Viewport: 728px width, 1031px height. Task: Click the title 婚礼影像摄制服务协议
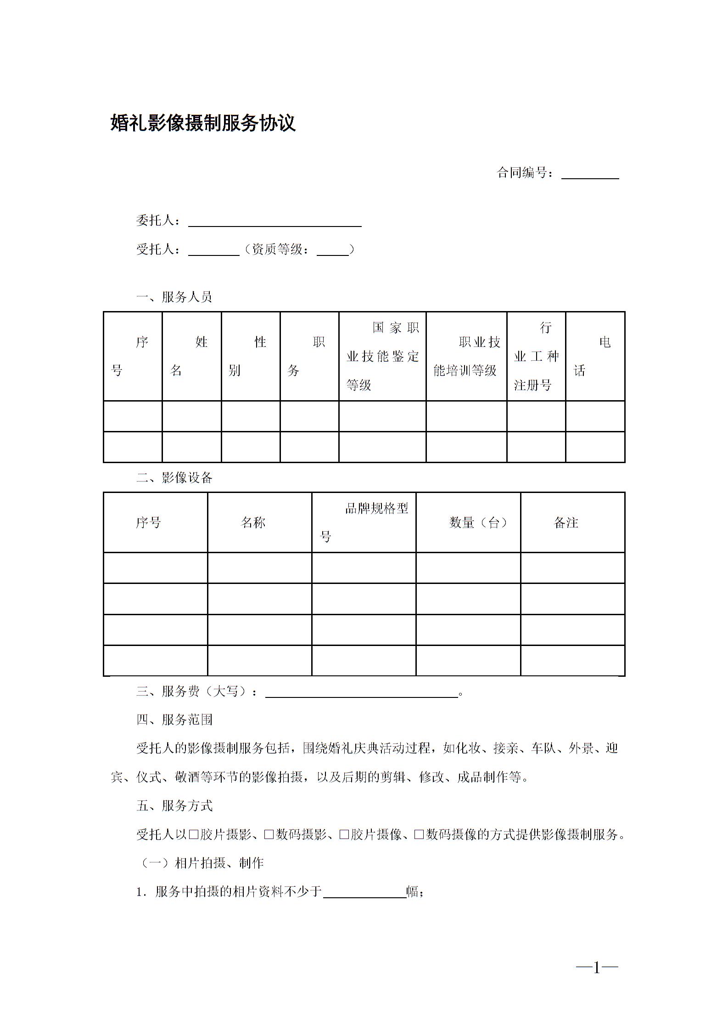(x=203, y=123)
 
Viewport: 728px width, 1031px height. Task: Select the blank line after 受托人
(x=213, y=250)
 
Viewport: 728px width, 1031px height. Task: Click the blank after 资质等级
(x=332, y=250)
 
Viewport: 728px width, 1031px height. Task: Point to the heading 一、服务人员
(x=174, y=297)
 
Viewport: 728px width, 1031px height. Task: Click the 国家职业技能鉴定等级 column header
(x=382, y=356)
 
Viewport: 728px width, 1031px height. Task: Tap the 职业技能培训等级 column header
(x=466, y=356)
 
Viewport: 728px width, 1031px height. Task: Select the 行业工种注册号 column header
(x=536, y=356)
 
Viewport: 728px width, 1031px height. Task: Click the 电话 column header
(x=594, y=356)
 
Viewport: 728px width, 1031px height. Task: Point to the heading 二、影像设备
(x=174, y=478)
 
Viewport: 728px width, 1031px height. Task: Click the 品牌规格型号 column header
(x=364, y=522)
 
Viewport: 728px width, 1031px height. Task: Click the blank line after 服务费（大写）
(x=362, y=692)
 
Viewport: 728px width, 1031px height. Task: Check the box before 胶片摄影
(x=193, y=835)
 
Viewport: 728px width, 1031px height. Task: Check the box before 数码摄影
(x=269, y=835)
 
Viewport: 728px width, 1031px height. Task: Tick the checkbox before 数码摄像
(x=419, y=835)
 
